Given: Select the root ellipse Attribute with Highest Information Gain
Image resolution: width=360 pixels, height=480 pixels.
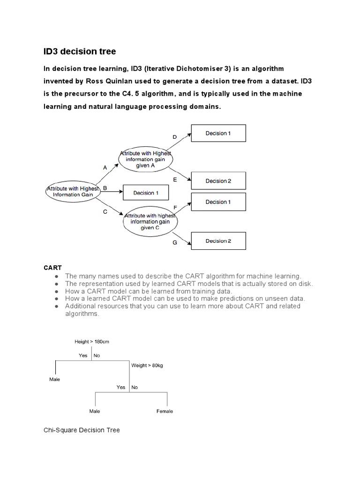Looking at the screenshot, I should tap(70, 191).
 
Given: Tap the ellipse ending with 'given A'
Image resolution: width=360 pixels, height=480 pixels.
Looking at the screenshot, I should tap(146, 159).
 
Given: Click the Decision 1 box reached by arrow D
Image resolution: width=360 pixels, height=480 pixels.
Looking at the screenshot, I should tap(218, 133).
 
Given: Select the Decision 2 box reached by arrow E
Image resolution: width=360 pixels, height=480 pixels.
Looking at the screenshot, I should tap(218, 181).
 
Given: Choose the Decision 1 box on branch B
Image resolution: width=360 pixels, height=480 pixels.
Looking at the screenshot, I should tap(146, 193).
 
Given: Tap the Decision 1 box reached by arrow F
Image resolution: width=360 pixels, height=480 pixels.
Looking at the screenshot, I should tap(218, 202).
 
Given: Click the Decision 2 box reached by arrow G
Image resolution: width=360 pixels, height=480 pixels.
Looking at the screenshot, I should tap(218, 241).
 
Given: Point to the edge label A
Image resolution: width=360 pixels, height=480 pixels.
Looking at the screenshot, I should tap(105, 167).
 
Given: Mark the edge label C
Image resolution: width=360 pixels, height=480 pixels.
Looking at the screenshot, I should tap(105, 211).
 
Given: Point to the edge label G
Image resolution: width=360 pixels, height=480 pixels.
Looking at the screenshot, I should tap(174, 243).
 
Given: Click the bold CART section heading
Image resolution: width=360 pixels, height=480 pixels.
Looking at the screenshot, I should tap(52, 268).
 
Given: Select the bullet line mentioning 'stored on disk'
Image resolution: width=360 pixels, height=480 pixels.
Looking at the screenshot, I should tap(188, 284).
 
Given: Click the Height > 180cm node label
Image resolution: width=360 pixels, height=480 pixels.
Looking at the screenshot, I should tap(92, 342).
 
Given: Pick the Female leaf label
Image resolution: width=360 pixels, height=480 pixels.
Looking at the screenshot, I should tap(165, 411).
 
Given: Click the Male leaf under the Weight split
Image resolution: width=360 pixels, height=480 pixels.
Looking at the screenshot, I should tap(95, 411).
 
